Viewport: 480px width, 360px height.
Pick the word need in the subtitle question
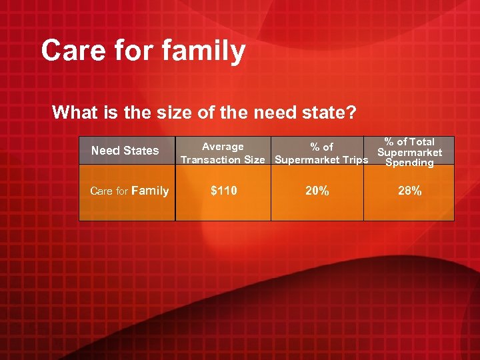[267, 112]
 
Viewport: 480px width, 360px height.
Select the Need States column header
[125, 151]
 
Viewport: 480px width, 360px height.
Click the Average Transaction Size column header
[223, 153]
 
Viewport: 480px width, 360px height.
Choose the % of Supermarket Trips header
[321, 153]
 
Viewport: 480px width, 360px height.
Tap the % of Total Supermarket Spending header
[409, 152]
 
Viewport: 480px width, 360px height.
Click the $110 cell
[223, 191]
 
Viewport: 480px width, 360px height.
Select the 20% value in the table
[317, 191]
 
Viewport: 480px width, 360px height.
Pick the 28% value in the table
[409, 191]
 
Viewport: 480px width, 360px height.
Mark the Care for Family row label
[129, 191]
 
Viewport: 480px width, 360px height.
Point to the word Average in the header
[223, 147]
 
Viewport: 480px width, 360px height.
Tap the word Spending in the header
[409, 163]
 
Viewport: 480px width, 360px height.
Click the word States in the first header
[141, 151]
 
